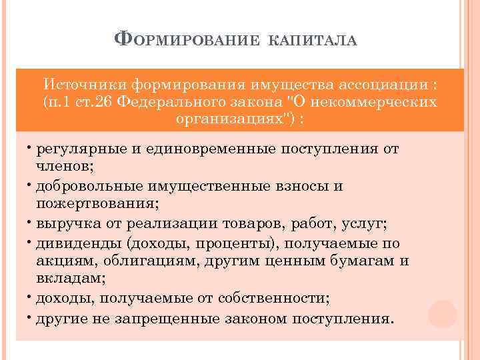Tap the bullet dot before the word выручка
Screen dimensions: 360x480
coord(31,221)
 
